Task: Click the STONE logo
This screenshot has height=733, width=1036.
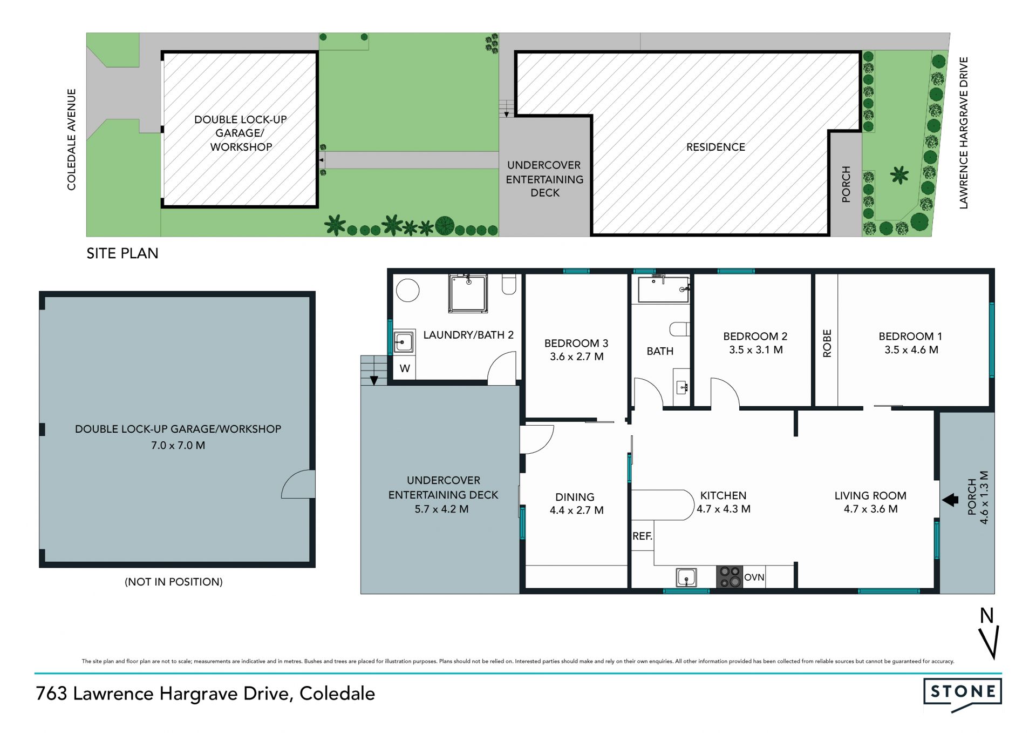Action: tap(963, 694)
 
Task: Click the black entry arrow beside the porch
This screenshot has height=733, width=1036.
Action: tap(950, 500)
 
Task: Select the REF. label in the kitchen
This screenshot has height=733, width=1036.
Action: tap(642, 536)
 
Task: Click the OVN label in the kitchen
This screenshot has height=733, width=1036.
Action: tap(754, 577)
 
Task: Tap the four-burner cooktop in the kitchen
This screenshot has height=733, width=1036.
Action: tap(730, 576)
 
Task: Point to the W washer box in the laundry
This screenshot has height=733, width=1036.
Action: tap(405, 368)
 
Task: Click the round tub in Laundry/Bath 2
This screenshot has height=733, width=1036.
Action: tap(408, 290)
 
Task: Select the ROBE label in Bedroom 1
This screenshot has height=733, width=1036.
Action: tap(827, 344)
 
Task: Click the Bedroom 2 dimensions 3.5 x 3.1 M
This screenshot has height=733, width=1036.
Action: tap(755, 350)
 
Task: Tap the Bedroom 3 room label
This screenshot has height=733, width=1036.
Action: tap(576, 343)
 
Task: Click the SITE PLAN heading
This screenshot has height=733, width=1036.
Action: tap(122, 253)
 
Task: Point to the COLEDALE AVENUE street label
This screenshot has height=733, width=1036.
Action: tap(71, 139)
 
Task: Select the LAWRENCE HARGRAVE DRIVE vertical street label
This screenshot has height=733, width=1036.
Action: tap(964, 133)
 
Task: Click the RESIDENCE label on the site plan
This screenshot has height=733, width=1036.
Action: tap(715, 147)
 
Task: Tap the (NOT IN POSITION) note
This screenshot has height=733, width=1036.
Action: tap(173, 582)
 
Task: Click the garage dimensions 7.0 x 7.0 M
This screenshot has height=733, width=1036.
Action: tap(178, 446)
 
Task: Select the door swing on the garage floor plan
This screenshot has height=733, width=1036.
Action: tap(297, 484)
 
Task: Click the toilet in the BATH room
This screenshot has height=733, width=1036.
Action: tap(679, 329)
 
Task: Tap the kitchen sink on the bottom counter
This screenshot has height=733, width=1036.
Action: tap(686, 577)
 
